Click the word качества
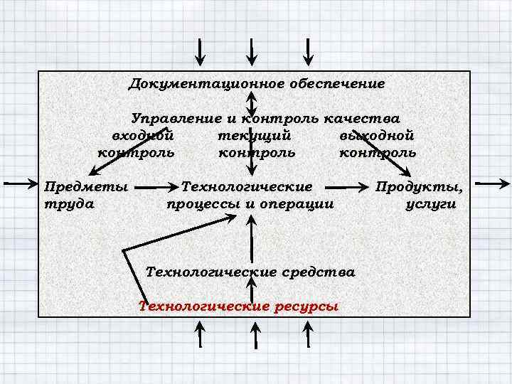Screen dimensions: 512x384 point(365,118)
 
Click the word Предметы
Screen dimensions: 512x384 point(86,187)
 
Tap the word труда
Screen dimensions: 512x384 point(69,204)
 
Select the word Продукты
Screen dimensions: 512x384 point(420,187)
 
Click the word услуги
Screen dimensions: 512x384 point(430,204)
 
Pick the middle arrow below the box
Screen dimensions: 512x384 point(253,334)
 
